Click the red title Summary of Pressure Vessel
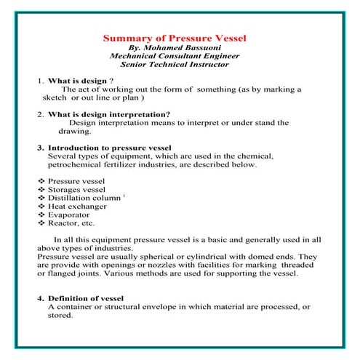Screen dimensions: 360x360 [175, 37]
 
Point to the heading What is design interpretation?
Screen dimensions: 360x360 [108, 114]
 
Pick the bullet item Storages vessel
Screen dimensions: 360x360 [76, 188]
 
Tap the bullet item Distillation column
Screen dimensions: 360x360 [84, 198]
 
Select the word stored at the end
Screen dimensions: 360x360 [62, 316]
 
